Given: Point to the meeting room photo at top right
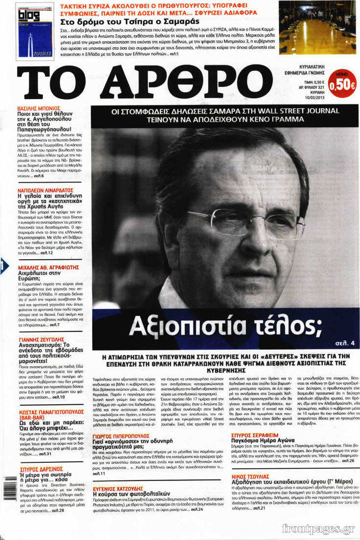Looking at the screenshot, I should click(x=318, y=27).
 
